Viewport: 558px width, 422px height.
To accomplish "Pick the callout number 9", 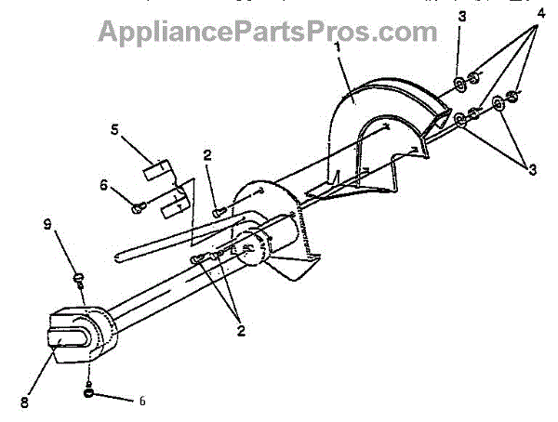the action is pos(46,223).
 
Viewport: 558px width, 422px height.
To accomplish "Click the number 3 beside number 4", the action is pos(462,16).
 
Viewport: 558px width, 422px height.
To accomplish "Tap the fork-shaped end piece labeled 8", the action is pos(72,335).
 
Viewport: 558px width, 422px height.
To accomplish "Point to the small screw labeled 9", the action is pos(79,276).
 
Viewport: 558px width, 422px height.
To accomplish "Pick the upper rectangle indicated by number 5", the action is pos(158,172).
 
